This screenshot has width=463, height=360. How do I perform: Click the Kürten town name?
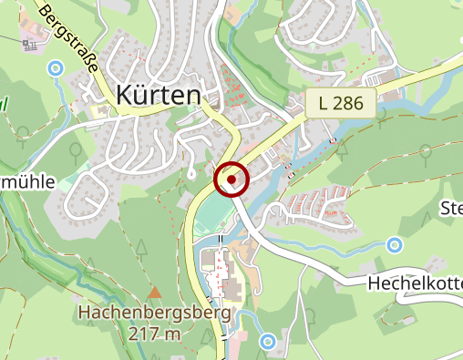159,94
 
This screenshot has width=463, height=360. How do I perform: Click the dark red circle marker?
231,180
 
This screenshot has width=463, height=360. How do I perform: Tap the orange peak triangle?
155,293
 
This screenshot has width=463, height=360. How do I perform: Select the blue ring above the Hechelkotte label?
394,244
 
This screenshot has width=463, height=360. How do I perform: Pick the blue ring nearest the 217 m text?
267,342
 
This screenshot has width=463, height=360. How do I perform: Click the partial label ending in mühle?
27,181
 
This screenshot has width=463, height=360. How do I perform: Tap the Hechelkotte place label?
415,283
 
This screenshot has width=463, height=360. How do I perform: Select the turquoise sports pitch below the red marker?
211,215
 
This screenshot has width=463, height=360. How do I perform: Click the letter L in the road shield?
326,103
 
